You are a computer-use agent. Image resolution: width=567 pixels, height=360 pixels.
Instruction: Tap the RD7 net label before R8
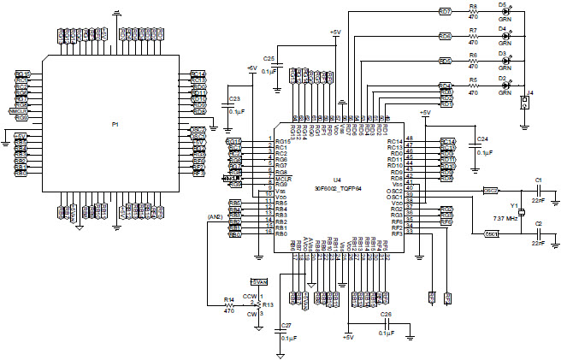point(445,12)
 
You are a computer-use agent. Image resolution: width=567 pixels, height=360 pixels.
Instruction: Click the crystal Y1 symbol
point(521,210)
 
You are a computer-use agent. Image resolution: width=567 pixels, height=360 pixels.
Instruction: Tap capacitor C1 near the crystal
point(538,190)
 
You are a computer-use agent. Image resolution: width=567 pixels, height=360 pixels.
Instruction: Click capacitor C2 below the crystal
point(538,233)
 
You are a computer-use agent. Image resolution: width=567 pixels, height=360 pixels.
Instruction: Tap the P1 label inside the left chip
point(115,125)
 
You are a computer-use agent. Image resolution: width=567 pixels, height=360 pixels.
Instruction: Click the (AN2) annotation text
point(215,217)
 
